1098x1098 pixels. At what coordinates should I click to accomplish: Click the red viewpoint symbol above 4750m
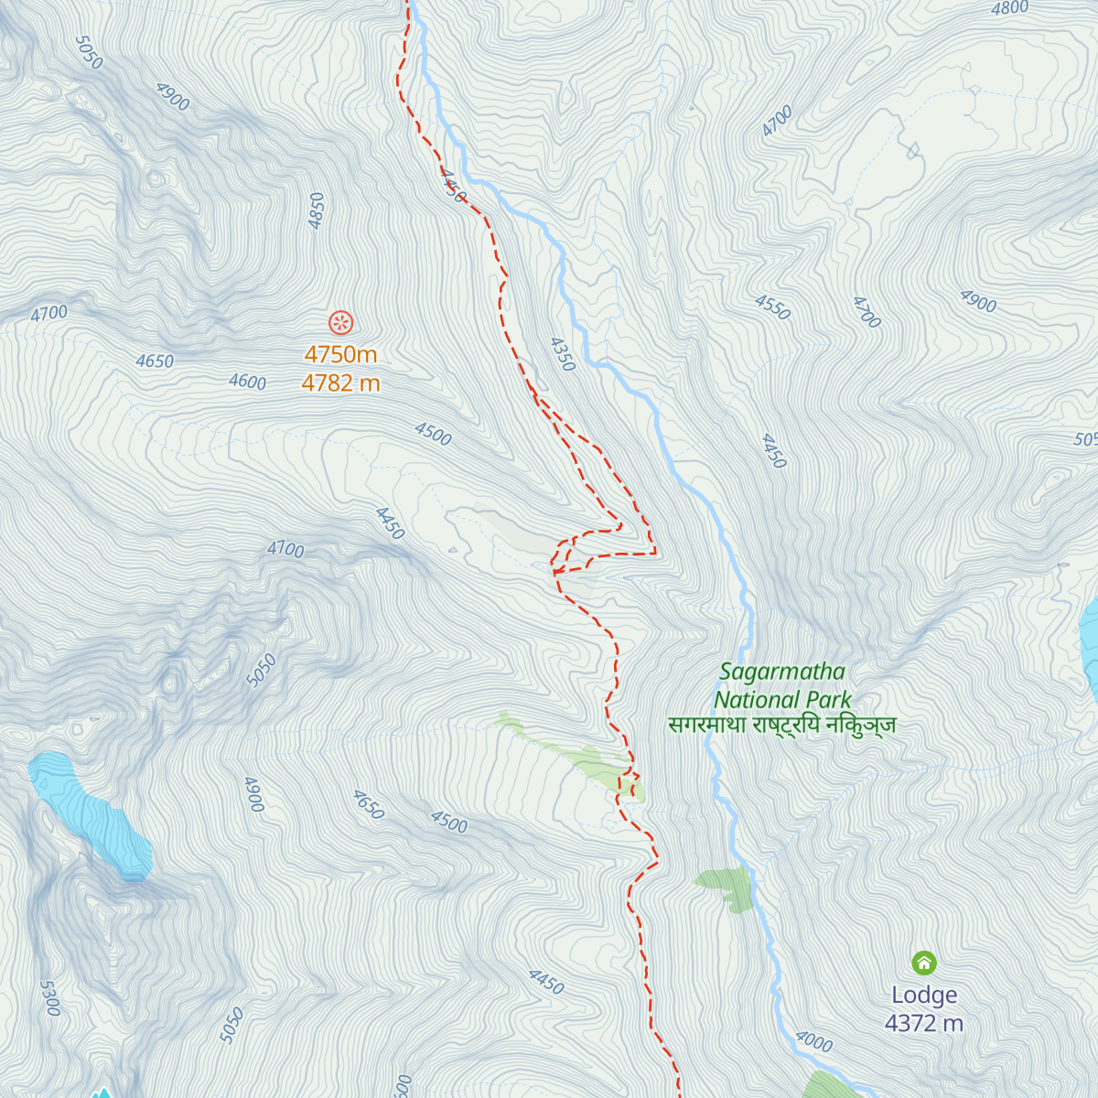point(340,322)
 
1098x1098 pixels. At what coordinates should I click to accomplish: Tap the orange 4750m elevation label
point(340,354)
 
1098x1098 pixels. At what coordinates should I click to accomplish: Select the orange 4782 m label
point(340,383)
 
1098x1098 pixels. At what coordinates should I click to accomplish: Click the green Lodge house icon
point(924,963)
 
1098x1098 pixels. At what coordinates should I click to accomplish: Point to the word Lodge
point(924,995)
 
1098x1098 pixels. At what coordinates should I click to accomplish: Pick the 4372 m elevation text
point(924,1023)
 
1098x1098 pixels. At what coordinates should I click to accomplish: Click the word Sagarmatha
point(782,672)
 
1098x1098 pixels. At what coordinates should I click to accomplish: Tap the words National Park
point(782,700)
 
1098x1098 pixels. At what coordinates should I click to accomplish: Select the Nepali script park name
point(782,726)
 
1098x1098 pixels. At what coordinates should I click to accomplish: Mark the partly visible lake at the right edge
point(1089,640)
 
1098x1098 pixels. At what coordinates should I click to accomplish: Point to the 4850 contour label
point(317,210)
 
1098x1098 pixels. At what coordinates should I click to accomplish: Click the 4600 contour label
point(247,382)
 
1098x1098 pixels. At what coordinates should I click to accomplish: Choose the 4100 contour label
point(285,549)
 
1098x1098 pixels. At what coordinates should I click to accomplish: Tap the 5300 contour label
point(49,998)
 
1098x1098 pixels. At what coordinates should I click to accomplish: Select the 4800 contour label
point(1010,9)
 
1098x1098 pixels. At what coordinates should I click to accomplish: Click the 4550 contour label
point(772,307)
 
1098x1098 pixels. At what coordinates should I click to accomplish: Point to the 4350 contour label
point(562,355)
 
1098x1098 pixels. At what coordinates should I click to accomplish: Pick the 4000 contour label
point(813,1041)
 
